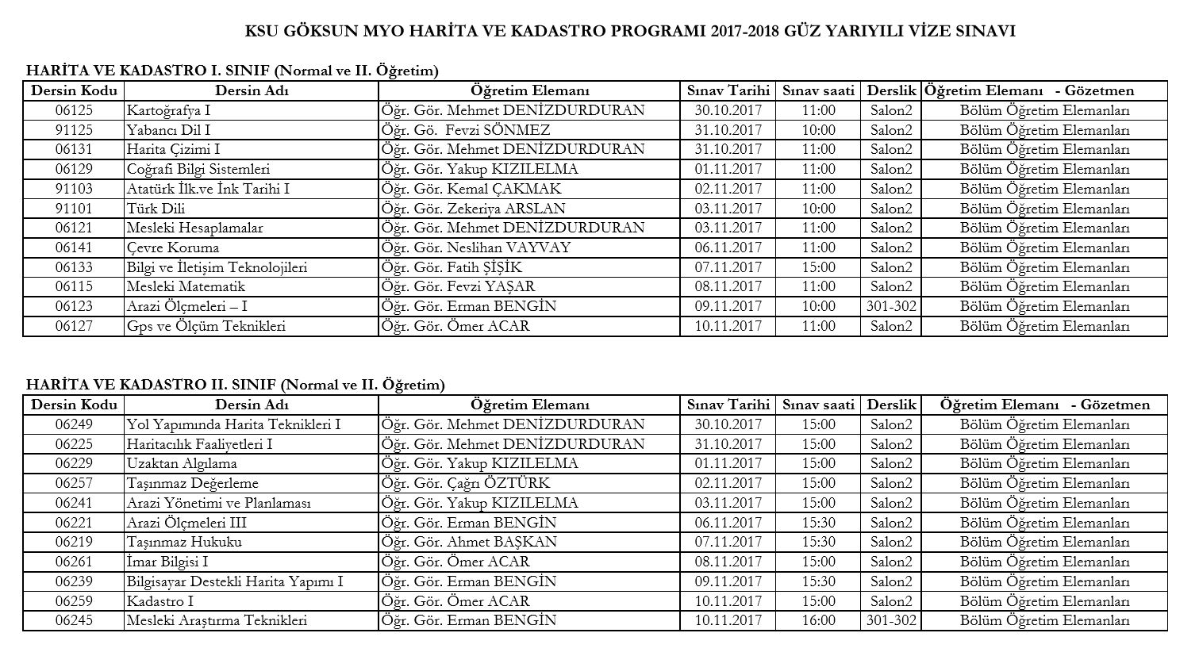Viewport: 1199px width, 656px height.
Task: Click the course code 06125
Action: [74, 110]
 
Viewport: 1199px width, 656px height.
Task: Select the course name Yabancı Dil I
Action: [168, 130]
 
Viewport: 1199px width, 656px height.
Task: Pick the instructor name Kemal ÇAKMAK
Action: [471, 189]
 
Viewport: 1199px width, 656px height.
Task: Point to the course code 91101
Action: [74, 209]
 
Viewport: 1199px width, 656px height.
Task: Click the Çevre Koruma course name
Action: [173, 247]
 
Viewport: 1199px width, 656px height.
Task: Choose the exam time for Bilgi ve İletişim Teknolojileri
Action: [818, 267]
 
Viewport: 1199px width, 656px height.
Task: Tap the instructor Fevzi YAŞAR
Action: [458, 286]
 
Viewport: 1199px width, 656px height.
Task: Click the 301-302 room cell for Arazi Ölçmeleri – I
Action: [891, 306]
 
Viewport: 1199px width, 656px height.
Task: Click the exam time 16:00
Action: [818, 620]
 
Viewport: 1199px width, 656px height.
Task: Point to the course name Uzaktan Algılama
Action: [182, 463]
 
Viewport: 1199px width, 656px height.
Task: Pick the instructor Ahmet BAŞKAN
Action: [469, 542]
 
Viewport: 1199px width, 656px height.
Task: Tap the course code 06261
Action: [74, 562]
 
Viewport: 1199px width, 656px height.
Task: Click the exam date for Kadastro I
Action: [728, 601]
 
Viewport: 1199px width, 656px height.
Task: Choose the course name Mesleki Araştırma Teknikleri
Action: [217, 620]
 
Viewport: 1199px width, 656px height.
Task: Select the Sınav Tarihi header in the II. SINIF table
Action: [728, 405]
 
